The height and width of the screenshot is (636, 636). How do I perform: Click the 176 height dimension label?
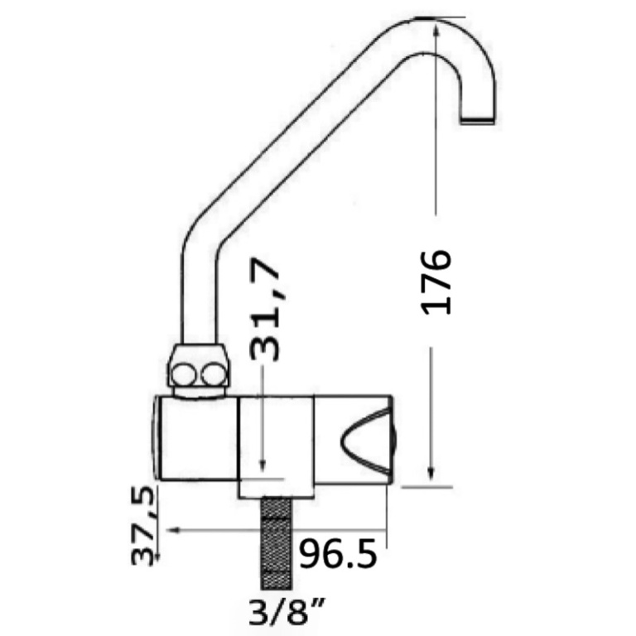[x=436, y=282]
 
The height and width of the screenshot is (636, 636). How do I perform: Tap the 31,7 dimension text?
[x=265, y=309]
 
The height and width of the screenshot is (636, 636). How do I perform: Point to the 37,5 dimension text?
[x=143, y=526]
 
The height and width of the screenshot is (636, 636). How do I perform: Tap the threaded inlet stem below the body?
[x=277, y=543]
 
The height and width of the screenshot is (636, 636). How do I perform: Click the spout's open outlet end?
[x=478, y=120]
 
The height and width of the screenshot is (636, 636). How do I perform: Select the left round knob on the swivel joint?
[x=182, y=375]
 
